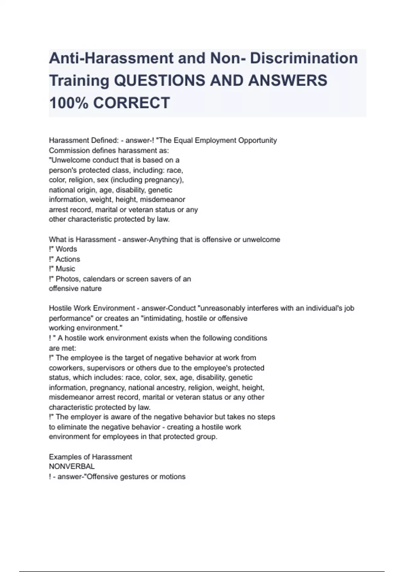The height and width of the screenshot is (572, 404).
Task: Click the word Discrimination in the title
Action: click(304, 58)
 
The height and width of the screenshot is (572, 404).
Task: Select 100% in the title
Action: click(69, 103)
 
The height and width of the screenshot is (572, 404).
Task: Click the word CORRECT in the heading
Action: click(131, 103)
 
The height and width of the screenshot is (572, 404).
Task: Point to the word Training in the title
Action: click(79, 81)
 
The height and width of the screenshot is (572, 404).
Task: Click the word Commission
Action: click(69, 150)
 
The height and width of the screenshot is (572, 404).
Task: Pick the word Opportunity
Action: click(258, 140)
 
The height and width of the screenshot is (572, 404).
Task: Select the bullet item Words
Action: click(66, 249)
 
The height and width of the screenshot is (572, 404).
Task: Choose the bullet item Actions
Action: click(68, 259)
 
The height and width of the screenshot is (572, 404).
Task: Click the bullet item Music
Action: click(65, 269)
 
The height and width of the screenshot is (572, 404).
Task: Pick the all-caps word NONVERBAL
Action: click(72, 467)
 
